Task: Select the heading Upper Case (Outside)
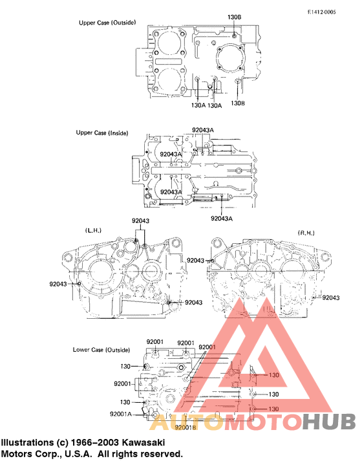click(107, 23)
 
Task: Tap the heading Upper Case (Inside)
click(102, 133)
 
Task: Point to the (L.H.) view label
click(93, 230)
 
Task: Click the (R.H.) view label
click(306, 232)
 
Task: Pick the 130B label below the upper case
click(238, 103)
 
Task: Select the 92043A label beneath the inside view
click(221, 219)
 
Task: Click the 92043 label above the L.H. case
click(140, 221)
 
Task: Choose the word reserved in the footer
click(158, 454)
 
